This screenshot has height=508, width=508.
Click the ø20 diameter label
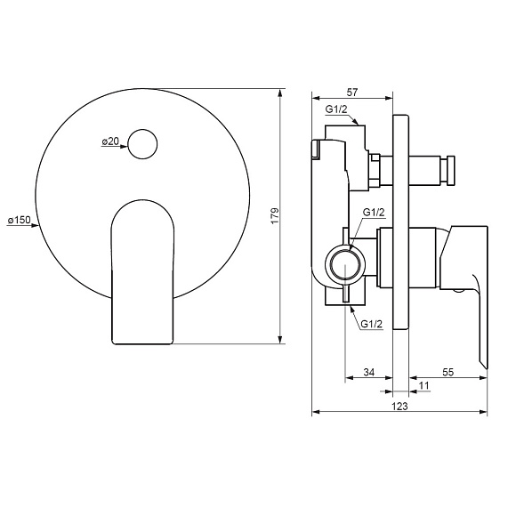point(110,141)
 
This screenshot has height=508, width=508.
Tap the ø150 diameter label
point(19,221)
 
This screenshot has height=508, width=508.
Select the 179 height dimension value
point(275,216)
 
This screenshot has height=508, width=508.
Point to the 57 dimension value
point(352,93)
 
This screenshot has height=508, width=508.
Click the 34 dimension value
point(368,372)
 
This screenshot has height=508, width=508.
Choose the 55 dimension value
point(448,372)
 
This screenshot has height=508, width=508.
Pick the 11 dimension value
point(423,385)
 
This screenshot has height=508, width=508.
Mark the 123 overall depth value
point(399,406)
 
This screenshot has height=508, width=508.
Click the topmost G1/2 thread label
point(336,109)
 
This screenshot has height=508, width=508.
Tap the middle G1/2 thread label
point(374,213)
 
